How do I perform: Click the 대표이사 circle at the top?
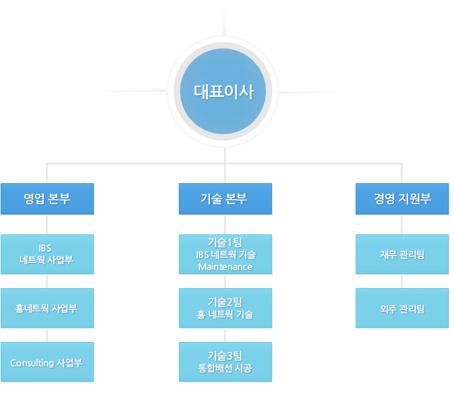pyautogui.click(x=223, y=91)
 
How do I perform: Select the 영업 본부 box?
pyautogui.click(x=47, y=199)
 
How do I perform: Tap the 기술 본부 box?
pyautogui.click(x=225, y=199)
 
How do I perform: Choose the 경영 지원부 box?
pyautogui.click(x=402, y=199)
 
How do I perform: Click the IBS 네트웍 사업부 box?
pyautogui.click(x=47, y=254)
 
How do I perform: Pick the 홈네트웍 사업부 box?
pyautogui.click(x=47, y=308)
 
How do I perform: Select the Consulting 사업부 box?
pyautogui.click(x=47, y=362)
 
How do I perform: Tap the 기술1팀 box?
pyautogui.click(x=225, y=254)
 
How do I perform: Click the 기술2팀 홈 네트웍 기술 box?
pyautogui.click(x=225, y=308)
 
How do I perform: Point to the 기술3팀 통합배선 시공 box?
pyautogui.click(x=225, y=362)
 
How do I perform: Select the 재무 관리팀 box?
pyautogui.click(x=402, y=254)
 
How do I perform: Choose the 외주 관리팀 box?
pyautogui.click(x=402, y=308)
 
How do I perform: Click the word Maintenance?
pyautogui.click(x=225, y=267)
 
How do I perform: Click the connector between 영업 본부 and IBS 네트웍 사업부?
pyautogui.click(x=47, y=224)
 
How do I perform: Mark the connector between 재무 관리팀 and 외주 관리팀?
pyautogui.click(x=402, y=281)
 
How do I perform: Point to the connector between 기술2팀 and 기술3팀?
pyautogui.click(x=225, y=335)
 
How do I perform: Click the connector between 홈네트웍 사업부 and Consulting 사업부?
pyautogui.click(x=47, y=335)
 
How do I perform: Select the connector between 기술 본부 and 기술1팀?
pyautogui.click(x=225, y=224)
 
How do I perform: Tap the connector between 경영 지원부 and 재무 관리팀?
pyautogui.click(x=402, y=224)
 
